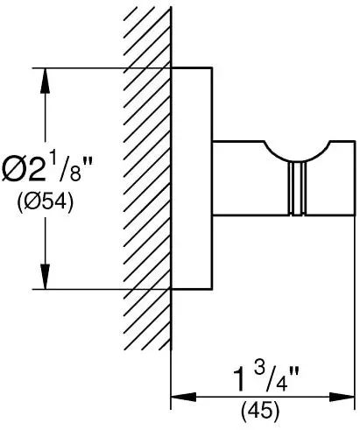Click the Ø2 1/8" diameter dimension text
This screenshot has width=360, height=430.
point(46,169)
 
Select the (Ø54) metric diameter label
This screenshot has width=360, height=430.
point(46,202)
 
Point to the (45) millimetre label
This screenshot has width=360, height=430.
point(260,412)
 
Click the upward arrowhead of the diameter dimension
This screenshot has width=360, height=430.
point(45,81)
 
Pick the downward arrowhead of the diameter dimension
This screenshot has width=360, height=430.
point(45,277)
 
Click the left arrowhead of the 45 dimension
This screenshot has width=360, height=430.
point(183,397)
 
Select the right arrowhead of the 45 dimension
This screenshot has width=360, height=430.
point(342,397)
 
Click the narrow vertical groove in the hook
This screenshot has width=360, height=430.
point(297,188)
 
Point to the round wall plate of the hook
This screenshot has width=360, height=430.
point(192,179)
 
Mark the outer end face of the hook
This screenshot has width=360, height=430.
point(355,178)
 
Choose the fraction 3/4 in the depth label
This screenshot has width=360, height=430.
point(271,377)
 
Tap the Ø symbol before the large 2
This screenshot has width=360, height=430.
point(11,170)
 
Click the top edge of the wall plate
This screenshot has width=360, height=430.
point(192,67)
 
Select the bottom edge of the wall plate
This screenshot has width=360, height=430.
point(192,289)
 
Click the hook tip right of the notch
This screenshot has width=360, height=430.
point(342,178)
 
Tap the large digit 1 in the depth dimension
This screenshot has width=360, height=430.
point(240,379)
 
